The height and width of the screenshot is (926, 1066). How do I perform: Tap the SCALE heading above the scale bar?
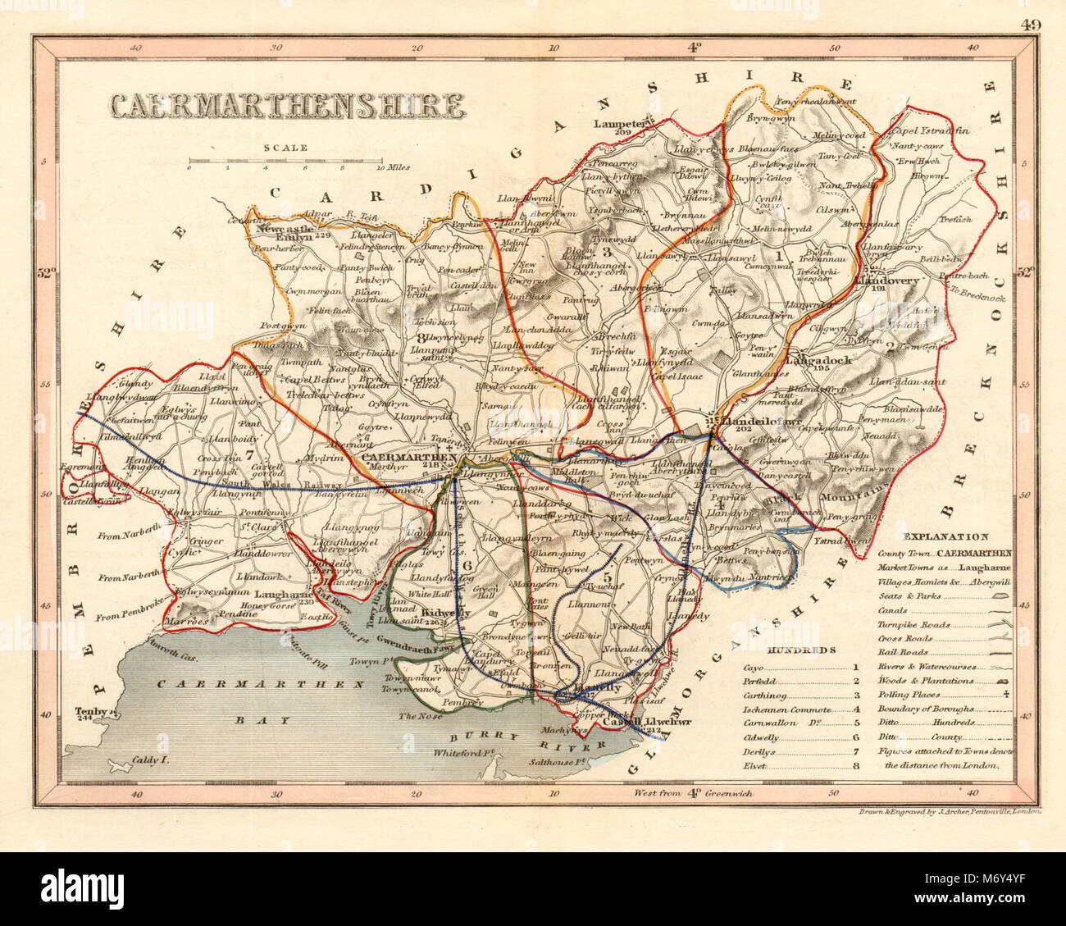point(285,148)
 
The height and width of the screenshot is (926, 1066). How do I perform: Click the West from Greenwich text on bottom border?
point(693,793)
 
